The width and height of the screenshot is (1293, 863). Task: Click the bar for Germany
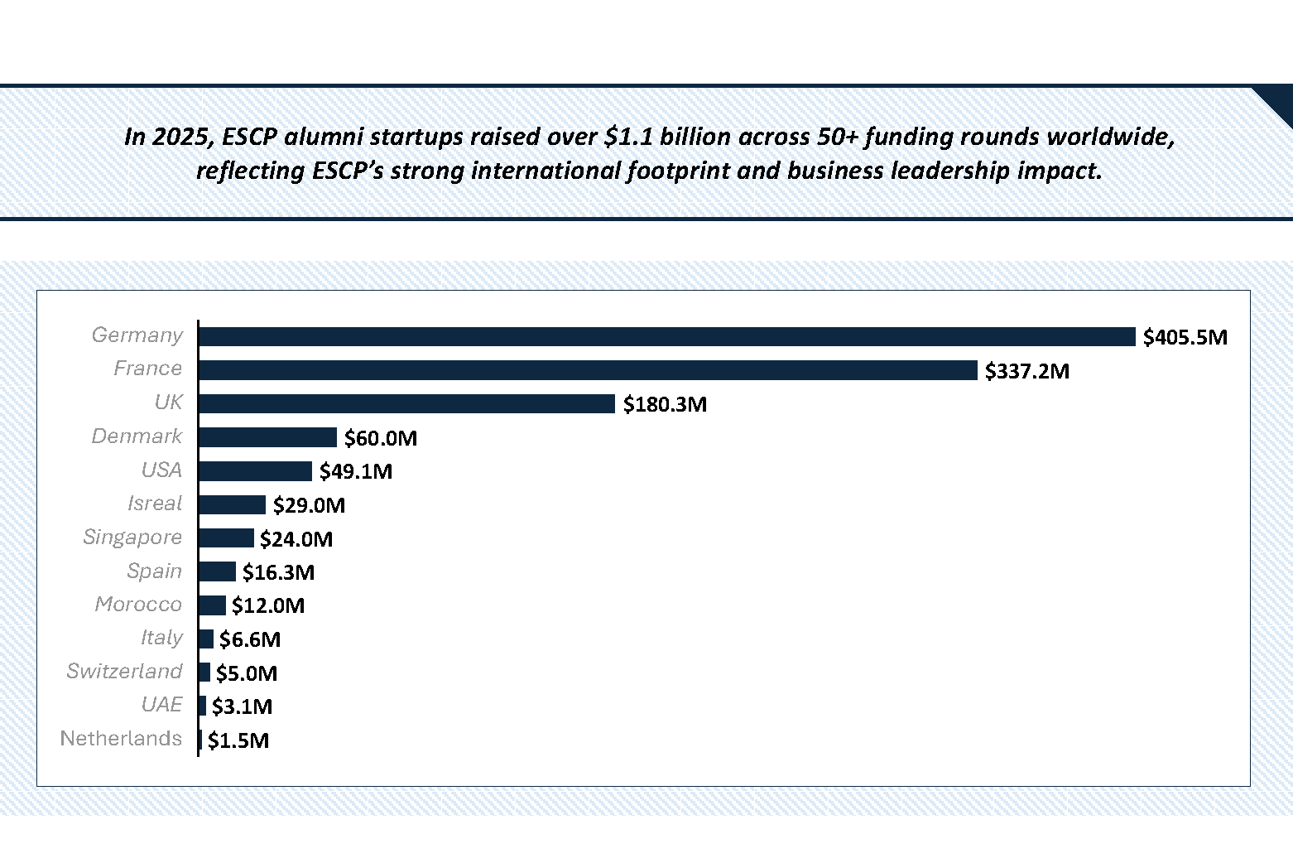666,336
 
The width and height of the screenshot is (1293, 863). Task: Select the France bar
588,370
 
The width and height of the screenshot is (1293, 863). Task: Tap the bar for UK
406,403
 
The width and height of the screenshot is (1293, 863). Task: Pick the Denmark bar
267,437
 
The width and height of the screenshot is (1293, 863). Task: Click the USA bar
255,471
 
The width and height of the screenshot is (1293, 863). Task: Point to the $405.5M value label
1185,337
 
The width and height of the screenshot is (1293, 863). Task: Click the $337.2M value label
1026,371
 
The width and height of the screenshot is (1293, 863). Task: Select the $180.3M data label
665,404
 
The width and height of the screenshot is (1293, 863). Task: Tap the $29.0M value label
309,505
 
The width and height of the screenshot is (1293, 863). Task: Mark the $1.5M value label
238,740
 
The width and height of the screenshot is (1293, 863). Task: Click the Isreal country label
155,504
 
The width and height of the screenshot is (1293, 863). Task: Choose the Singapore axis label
132,538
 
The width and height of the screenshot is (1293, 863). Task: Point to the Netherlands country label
121,739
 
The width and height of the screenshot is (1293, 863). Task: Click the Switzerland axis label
124,671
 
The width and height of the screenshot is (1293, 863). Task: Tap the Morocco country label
138,605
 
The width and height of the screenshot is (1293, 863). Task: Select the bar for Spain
217,571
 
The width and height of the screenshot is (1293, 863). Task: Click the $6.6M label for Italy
250,639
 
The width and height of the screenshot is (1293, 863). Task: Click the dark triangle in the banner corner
1278,101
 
